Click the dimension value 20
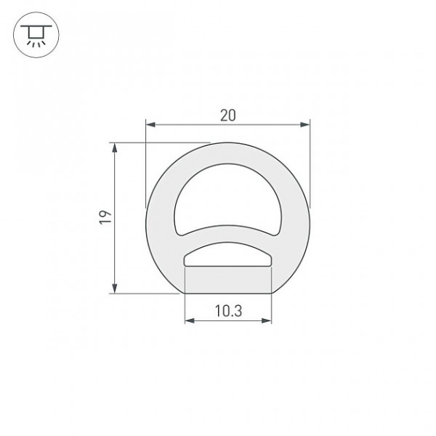click(x=227, y=116)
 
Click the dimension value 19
click(x=105, y=217)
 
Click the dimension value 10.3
click(x=229, y=311)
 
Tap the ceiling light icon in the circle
click(x=36, y=36)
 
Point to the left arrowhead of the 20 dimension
click(x=150, y=124)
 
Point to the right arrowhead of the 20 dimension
click(x=305, y=124)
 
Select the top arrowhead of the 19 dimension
click(x=114, y=148)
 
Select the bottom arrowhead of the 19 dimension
click(x=114, y=288)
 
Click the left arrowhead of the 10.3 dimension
click(x=190, y=321)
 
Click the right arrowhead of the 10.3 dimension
click(x=267, y=321)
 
